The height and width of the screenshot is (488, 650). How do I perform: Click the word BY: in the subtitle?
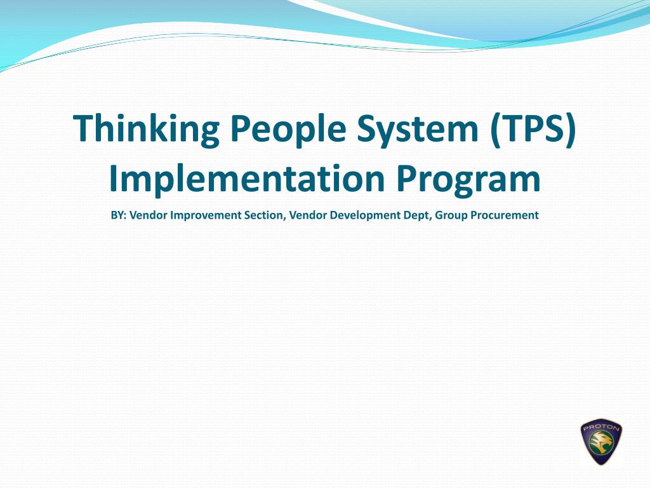(119, 215)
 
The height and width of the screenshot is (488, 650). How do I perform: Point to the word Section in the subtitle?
(265, 215)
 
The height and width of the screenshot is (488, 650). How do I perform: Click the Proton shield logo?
(601, 442)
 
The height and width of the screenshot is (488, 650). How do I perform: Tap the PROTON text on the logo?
(601, 428)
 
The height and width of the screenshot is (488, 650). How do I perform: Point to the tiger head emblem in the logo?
(601, 445)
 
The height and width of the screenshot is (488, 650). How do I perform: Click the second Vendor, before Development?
(307, 215)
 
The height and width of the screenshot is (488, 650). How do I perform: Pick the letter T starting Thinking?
(83, 128)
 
